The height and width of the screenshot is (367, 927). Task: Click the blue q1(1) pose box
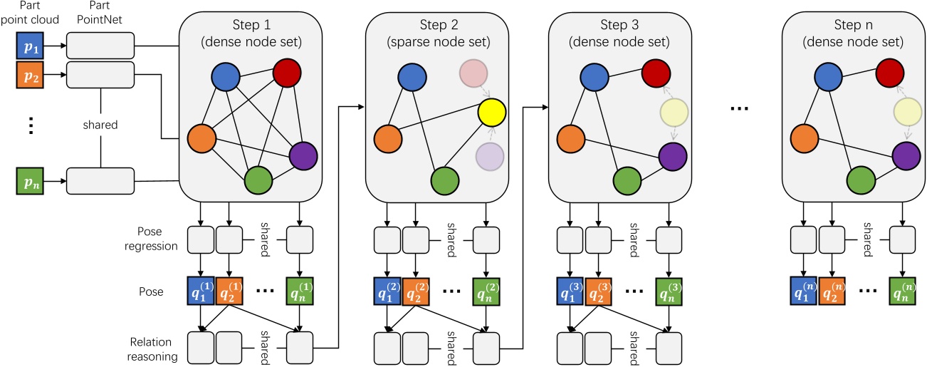[x=199, y=292]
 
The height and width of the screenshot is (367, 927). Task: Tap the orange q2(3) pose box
[x=599, y=292]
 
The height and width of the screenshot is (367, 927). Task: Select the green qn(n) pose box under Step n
[x=901, y=292]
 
